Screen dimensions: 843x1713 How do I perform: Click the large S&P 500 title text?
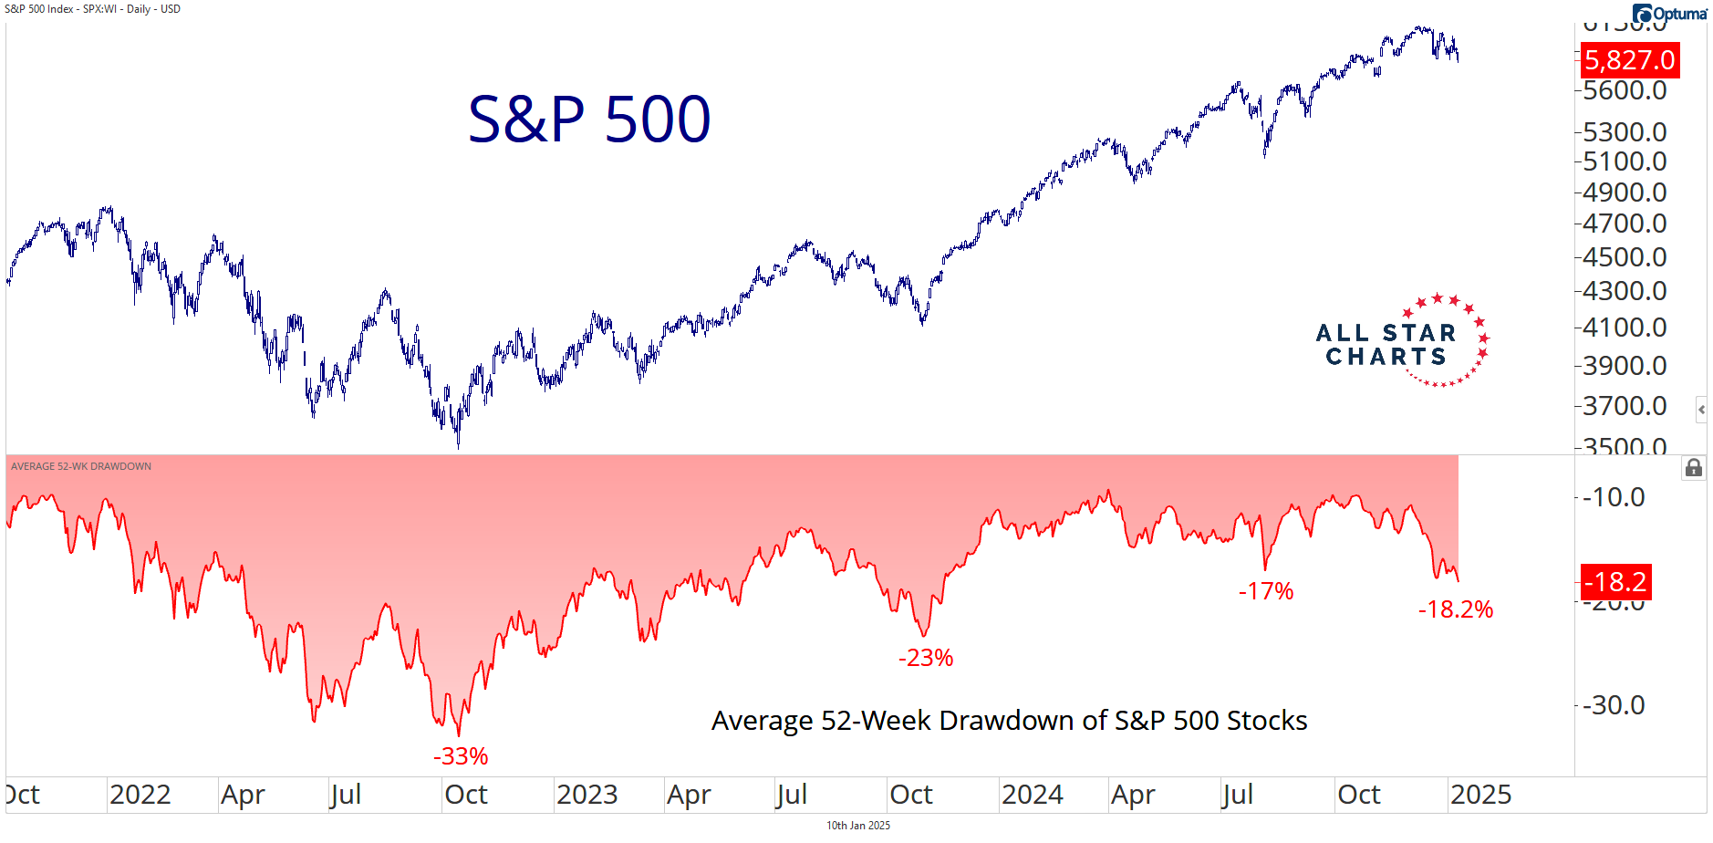589,120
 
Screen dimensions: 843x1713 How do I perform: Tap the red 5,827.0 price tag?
1629,60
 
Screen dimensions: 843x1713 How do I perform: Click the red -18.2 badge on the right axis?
1615,581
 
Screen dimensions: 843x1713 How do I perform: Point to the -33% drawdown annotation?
461,756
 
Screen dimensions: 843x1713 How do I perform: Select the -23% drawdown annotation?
926,658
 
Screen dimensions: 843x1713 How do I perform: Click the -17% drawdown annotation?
1266,591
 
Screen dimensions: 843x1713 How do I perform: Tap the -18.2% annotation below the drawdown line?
1456,609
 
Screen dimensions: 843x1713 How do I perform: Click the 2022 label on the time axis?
140,795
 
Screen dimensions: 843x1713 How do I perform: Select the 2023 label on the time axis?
587,795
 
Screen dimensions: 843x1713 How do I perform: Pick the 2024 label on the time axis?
1033,795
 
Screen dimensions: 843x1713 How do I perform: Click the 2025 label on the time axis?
1480,795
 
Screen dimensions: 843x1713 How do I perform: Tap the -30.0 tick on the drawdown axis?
1614,705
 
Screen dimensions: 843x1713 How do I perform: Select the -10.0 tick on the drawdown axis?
1614,497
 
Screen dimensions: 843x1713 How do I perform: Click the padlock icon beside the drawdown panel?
1694,468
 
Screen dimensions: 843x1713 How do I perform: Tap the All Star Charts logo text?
1386,345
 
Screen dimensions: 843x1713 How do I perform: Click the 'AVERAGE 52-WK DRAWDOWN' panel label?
81,466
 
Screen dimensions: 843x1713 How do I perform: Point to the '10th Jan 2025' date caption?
858,826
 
